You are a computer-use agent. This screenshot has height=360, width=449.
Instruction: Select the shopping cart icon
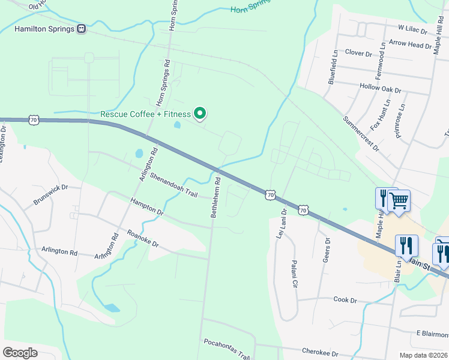[399, 200]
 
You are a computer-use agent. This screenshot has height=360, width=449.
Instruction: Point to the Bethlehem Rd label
[214, 196]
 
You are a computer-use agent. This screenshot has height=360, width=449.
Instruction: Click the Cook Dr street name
[345, 299]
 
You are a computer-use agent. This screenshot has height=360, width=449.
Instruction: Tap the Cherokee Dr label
[319, 354]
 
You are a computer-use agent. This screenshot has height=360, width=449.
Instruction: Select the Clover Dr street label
[358, 53]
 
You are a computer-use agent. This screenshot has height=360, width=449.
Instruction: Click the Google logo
[20, 352]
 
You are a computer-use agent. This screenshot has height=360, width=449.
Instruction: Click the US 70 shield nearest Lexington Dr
[33, 120]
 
